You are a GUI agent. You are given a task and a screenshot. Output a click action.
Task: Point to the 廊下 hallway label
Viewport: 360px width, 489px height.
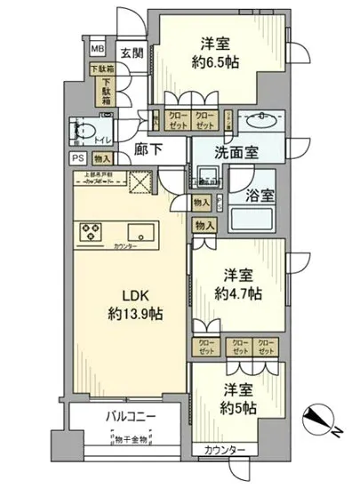coord(148,149)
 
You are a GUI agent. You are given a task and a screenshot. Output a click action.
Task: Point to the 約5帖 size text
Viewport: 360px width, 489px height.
coord(236,408)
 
